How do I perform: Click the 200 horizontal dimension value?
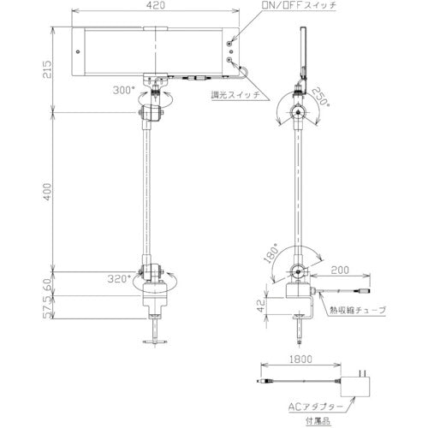[342, 268]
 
